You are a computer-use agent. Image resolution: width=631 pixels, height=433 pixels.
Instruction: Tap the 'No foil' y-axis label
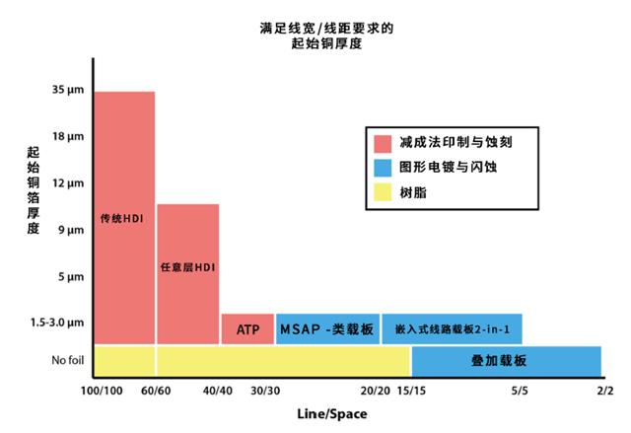pos(64,360)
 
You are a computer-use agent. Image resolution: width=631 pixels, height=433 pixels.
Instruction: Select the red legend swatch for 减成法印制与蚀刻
pos(384,142)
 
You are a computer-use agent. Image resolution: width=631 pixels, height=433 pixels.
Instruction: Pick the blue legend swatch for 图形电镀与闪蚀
pos(384,168)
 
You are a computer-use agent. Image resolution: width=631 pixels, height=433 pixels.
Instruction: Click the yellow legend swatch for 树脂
pos(384,193)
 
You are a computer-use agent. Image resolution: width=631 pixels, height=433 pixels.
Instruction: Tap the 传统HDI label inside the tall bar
pos(123,217)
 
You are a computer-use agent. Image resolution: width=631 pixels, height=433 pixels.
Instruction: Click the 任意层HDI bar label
pos(187,267)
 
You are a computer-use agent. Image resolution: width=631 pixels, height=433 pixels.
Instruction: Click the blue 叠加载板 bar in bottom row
pos(506,361)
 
